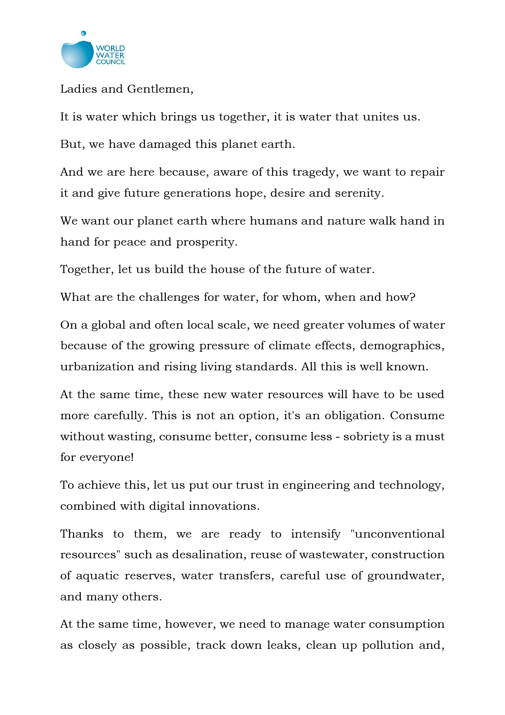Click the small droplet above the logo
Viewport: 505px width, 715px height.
pos(83,33)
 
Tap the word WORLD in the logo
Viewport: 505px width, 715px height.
pos(110,48)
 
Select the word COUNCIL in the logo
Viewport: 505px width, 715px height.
pos(111,62)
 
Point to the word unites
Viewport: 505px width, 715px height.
pos(380,117)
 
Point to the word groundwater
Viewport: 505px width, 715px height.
pos(406,576)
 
